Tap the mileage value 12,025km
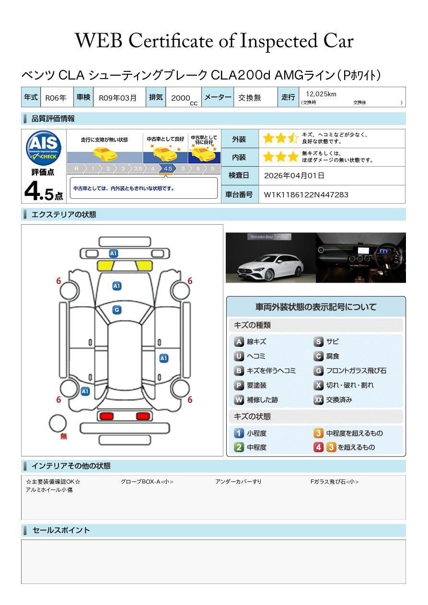pos(321,94)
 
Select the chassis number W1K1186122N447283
pos(306,194)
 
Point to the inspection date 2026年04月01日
pos(294,175)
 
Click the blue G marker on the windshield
pos(116,310)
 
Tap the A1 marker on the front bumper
pos(113,253)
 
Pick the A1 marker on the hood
pos(116,286)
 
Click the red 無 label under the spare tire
pos(64,436)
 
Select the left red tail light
pos(105,416)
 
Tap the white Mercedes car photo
pos(270,258)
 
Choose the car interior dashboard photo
pos(360,258)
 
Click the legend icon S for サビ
pos(318,342)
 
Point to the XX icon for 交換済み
pos(318,400)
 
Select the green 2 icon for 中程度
pos(239,447)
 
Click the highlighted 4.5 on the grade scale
pos(168,169)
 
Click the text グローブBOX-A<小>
pos(147,482)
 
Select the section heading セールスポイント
pos(61,530)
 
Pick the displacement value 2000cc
pos(184,98)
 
